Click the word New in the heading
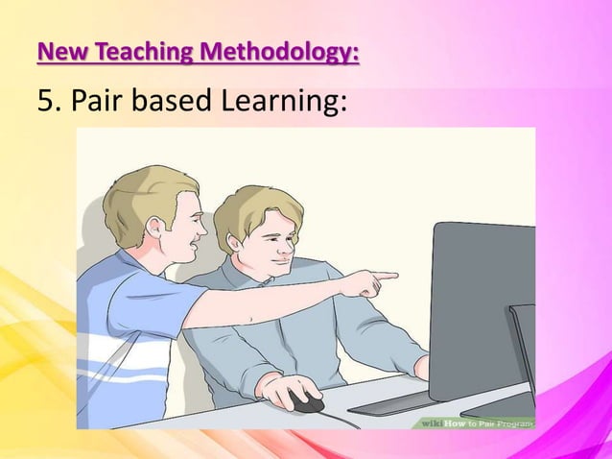pyautogui.click(x=59, y=51)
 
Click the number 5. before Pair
pyautogui.click(x=48, y=102)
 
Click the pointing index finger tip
pyautogui.click(x=393, y=276)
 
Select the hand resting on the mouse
pyautogui.click(x=284, y=389)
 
